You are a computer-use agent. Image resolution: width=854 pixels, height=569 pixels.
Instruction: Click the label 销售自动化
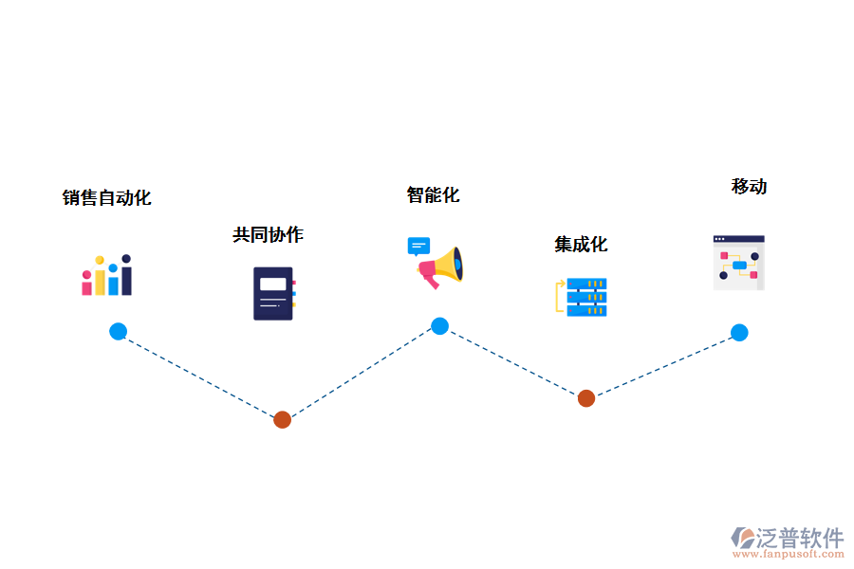point(106,198)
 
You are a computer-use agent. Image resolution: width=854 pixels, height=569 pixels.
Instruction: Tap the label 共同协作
point(268,234)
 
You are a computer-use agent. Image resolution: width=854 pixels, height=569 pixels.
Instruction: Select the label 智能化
point(433,195)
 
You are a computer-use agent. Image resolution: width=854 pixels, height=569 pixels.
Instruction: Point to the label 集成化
point(581,245)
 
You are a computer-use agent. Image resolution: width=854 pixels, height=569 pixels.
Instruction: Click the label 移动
point(749,187)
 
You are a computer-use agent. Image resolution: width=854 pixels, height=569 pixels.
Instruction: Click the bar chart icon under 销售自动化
point(106,275)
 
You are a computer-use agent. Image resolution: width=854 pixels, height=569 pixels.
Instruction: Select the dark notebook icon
point(274,293)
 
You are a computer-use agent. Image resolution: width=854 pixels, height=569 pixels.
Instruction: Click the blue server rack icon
point(586,297)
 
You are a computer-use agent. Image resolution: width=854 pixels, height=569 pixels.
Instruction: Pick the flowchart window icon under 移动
point(739,263)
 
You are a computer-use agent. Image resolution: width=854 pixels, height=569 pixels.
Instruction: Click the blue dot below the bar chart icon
point(118,331)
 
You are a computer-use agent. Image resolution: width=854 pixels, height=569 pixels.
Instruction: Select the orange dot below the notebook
point(282,419)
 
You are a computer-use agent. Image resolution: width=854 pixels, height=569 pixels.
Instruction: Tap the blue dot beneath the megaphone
point(439,326)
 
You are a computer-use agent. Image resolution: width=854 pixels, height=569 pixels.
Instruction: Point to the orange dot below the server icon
point(586,398)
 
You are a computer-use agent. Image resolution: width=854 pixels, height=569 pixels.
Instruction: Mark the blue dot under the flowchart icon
point(739,333)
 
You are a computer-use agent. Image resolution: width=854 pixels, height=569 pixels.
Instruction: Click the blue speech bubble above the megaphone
point(418,247)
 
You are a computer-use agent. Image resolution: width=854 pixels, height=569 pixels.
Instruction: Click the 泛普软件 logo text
point(800,538)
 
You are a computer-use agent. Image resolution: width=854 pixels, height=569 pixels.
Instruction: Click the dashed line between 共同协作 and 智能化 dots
point(361,373)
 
